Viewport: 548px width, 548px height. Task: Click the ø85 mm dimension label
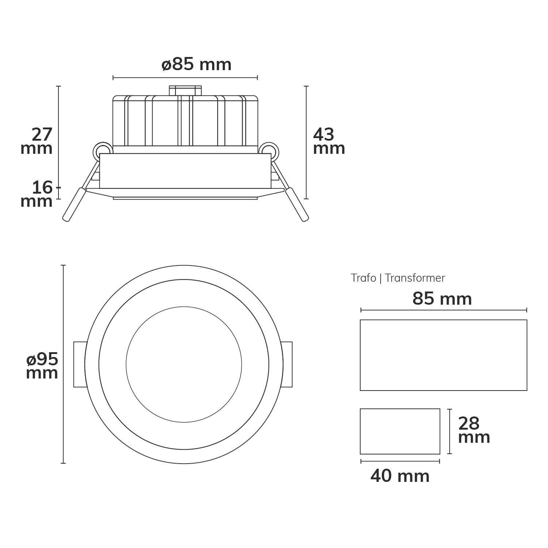[x=197, y=65]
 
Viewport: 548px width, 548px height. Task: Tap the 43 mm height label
[x=329, y=142]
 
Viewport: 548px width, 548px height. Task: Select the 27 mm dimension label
[x=37, y=142]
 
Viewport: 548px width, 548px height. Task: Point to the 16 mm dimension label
[x=37, y=194]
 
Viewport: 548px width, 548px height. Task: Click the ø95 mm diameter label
[x=42, y=366]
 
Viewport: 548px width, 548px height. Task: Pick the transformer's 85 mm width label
[x=442, y=299]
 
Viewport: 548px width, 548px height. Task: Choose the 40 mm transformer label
[x=400, y=476]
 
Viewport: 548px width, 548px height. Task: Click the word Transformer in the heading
[x=415, y=278]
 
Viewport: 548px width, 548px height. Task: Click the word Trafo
[x=364, y=278]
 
